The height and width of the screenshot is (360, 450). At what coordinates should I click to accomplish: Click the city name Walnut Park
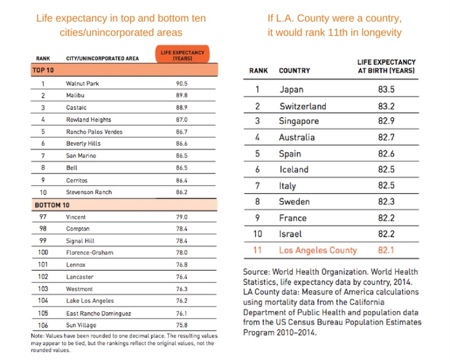pyautogui.click(x=82, y=83)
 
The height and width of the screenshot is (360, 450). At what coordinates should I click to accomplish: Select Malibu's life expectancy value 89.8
pyautogui.click(x=182, y=96)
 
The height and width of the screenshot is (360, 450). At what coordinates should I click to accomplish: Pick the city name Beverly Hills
pyautogui.click(x=83, y=144)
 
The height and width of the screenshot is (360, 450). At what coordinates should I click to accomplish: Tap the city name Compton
pyautogui.click(x=78, y=229)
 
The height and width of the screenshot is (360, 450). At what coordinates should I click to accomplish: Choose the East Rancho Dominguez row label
pyautogui.click(x=99, y=313)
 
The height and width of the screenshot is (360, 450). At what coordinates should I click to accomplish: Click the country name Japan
pyautogui.click(x=291, y=89)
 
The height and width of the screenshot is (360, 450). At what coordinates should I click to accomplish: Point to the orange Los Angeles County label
pyautogui.click(x=318, y=251)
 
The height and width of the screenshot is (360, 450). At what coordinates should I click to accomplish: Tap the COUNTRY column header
pyautogui.click(x=295, y=71)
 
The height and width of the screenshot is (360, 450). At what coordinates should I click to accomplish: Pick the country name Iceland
pyautogui.click(x=294, y=170)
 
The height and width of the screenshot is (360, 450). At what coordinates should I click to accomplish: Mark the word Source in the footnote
pyautogui.click(x=256, y=272)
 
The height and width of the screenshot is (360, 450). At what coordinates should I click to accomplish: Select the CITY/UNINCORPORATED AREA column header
pyautogui.click(x=102, y=59)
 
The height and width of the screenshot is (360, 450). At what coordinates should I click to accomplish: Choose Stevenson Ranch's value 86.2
pyautogui.click(x=182, y=193)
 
